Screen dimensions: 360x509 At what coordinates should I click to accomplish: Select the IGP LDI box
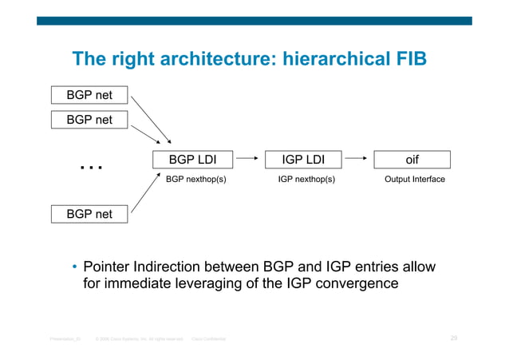coord(302,160)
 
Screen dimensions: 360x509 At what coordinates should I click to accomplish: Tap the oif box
coord(412,160)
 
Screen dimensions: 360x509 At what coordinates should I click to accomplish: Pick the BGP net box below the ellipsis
coord(89,214)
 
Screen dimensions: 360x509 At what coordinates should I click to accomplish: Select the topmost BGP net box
coord(89,95)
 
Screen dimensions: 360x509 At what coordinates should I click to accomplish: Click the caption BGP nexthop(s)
coord(195,180)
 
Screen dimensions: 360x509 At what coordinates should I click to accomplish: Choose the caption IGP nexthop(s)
coord(306,180)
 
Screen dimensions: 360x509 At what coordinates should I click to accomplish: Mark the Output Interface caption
coord(414,180)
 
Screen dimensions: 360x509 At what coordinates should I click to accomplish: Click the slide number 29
coord(453,338)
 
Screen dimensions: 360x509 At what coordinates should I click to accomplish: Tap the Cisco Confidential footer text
coord(208,339)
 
